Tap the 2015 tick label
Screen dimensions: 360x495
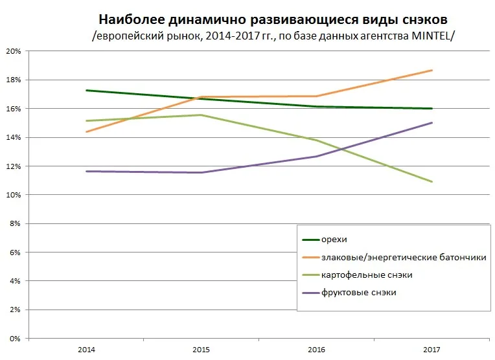(201, 350)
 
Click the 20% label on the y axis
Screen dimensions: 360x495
(14, 51)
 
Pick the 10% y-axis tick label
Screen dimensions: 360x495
(14, 195)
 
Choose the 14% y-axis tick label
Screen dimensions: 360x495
(14, 137)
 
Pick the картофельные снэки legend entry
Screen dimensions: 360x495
(367, 275)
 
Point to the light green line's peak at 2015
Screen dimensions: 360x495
(201, 115)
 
